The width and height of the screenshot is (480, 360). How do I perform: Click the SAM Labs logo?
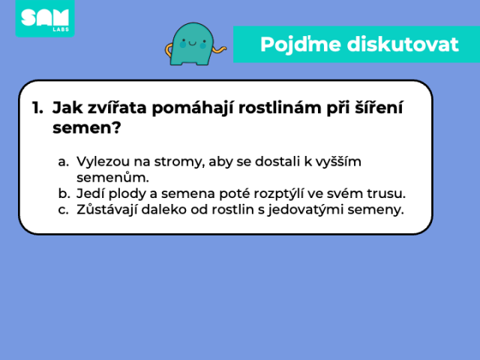pos(45,18)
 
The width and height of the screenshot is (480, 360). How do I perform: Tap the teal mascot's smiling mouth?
pos(193,43)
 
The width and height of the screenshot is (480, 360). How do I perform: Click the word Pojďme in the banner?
pos(300,45)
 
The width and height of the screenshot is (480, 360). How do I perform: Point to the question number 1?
pos(37,108)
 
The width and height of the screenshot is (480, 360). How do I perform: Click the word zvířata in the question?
pos(117,107)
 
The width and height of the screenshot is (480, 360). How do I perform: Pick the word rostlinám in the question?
pos(280,107)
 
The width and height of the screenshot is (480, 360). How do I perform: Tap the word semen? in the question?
pos(87,127)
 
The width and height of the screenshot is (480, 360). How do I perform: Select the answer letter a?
pos(63,162)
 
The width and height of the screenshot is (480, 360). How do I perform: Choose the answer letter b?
pos(63,193)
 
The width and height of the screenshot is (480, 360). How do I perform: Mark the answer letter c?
pos(63,210)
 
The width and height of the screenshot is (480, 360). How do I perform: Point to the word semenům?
pos(112,178)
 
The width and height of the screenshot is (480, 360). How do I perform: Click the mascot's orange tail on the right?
pos(219,49)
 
